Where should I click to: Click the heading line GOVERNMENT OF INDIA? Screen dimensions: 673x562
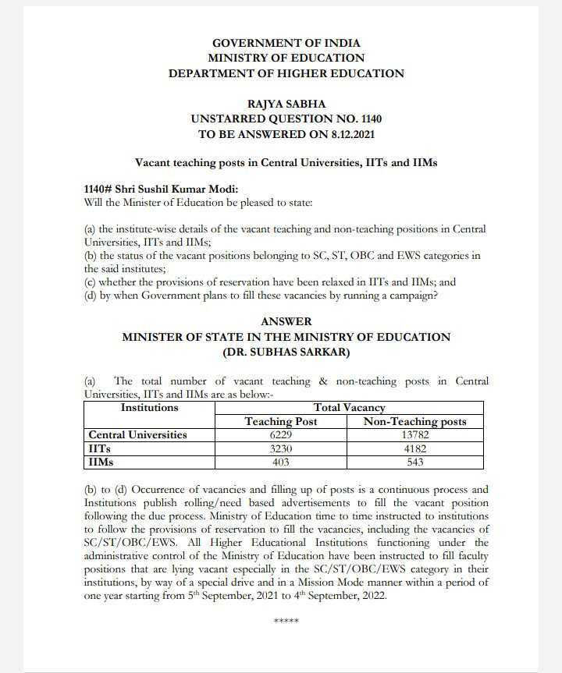[x=286, y=44]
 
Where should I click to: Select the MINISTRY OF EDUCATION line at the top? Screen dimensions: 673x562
[x=286, y=58]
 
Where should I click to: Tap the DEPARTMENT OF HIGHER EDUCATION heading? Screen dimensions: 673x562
[x=286, y=73]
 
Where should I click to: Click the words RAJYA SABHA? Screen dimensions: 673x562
[x=286, y=104]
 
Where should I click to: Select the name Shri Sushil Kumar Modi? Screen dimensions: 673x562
[x=179, y=190]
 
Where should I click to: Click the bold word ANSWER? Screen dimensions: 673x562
[x=286, y=322]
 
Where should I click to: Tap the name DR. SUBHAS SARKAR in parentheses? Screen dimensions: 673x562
[x=286, y=352]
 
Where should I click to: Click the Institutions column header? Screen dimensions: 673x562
[x=149, y=408]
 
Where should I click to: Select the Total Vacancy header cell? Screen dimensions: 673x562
[x=349, y=408]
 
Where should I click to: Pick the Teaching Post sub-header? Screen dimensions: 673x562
[x=282, y=422]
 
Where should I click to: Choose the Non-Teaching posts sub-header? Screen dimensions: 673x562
[x=415, y=422]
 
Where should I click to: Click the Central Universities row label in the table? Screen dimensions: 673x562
[x=138, y=435]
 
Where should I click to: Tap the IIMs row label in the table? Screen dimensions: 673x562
[x=101, y=462]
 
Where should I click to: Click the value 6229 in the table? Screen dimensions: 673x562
[x=282, y=435]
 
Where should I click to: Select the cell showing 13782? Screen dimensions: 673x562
[x=415, y=435]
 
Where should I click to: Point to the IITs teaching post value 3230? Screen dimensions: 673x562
[x=282, y=449]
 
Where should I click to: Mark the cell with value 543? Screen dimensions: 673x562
[x=415, y=462]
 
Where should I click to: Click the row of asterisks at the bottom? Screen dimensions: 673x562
[x=286, y=622]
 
